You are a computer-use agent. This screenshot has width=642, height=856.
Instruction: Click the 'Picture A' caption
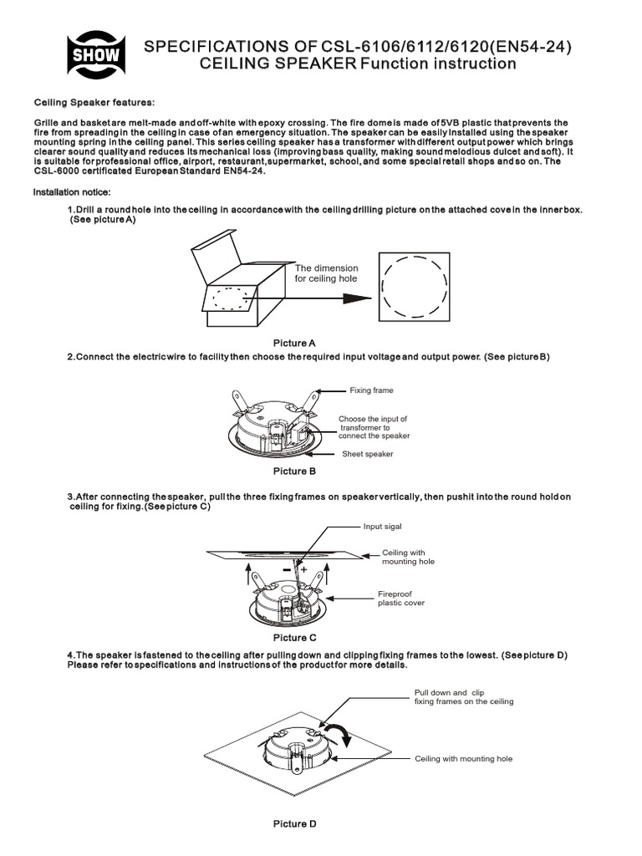294,343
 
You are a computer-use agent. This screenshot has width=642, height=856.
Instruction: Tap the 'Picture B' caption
294,471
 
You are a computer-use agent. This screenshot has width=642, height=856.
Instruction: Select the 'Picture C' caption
294,637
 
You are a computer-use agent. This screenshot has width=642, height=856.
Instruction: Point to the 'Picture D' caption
294,823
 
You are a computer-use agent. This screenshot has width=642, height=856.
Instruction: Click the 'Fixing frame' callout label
371,390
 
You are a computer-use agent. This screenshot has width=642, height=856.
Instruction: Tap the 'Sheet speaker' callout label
367,454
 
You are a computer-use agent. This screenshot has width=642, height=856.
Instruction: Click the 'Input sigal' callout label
383,527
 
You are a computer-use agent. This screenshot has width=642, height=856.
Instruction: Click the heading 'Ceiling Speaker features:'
94,102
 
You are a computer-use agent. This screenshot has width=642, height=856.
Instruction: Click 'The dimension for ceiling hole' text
325,273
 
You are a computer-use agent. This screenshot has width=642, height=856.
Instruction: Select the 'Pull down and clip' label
450,693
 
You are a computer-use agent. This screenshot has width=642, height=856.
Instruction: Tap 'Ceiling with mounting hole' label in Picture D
463,758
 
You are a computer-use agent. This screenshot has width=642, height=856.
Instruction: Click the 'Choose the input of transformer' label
374,427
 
